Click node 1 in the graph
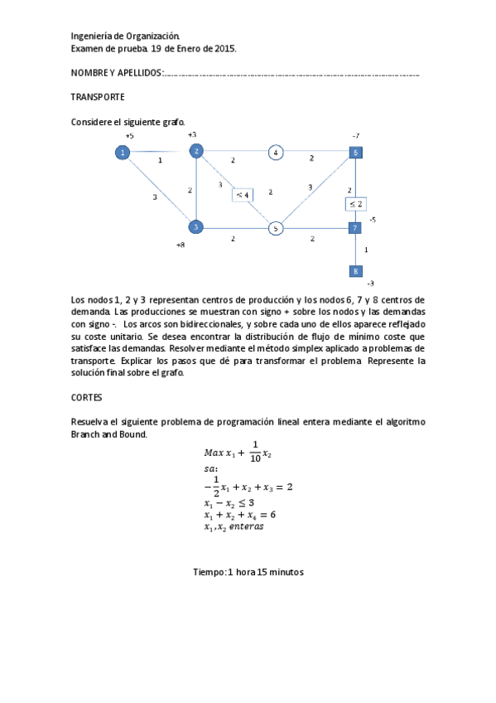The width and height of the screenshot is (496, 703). tap(123, 152)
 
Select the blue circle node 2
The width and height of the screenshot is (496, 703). tap(196, 150)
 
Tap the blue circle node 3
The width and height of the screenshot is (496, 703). tap(195, 226)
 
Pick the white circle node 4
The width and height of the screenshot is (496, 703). tap(276, 152)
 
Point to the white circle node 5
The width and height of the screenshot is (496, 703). tap(277, 227)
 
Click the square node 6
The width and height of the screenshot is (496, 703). tap(354, 153)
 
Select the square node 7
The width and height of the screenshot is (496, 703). tap(354, 227)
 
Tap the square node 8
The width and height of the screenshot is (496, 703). tap(354, 271)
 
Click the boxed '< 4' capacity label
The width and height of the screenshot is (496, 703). tap(243, 194)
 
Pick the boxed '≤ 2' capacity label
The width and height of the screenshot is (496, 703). tap(355, 203)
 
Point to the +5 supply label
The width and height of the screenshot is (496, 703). tap(129, 135)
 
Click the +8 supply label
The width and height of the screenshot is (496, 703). tap(181, 245)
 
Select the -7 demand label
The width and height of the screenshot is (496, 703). tap(355, 134)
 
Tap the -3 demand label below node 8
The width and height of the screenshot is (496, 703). tap(369, 284)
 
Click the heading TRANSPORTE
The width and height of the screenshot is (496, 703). tap(98, 97)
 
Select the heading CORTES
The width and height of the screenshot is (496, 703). tap(87, 398)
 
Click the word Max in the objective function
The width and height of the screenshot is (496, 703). tap(213, 453)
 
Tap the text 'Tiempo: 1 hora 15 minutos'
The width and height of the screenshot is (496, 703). tap(248, 572)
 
